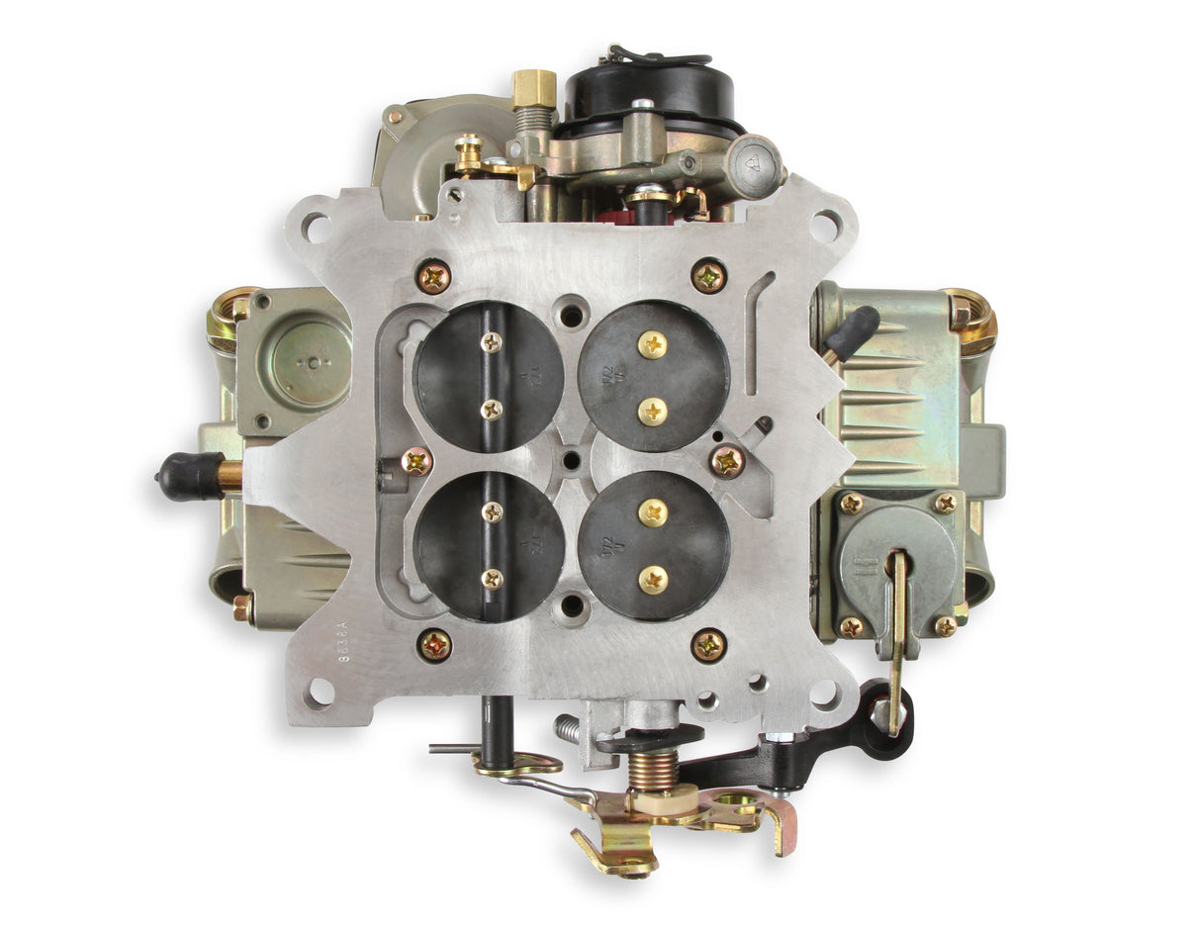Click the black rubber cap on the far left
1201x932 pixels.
pos(188,476)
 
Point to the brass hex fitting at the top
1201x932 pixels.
pos(533,87)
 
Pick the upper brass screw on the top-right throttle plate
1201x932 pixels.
pos(651,344)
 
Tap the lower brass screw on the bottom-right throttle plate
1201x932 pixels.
pos(652,579)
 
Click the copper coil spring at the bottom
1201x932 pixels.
pos(653,768)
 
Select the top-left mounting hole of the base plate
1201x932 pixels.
pos(315,227)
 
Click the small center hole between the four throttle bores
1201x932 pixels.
pos(572,459)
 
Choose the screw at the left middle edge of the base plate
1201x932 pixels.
pos(417,461)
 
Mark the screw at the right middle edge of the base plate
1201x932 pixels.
pos(728,460)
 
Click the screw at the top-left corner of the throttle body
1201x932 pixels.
pos(433,276)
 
